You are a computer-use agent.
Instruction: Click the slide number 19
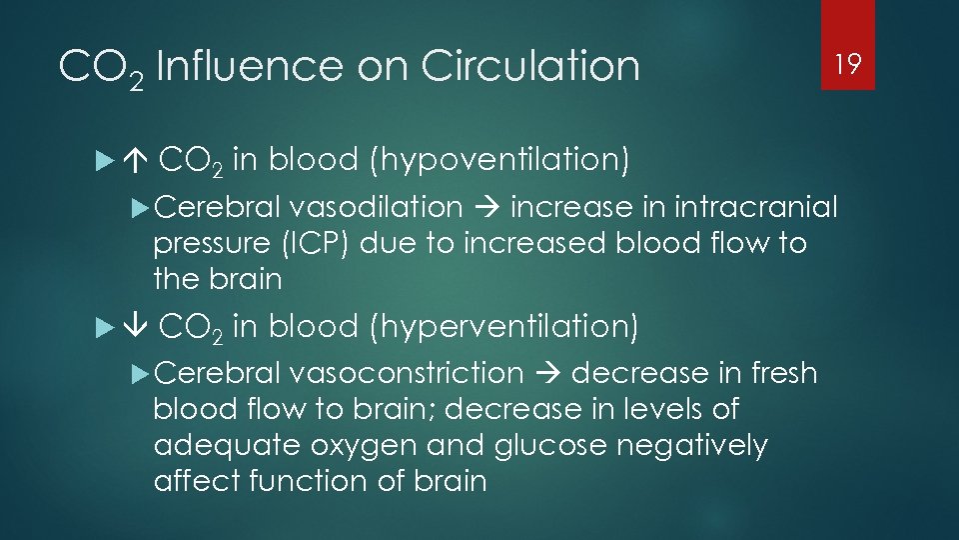[x=848, y=66]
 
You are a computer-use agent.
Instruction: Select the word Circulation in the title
[x=529, y=67]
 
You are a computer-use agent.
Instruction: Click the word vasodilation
[x=376, y=208]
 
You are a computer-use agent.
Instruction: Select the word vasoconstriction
[x=406, y=374]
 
